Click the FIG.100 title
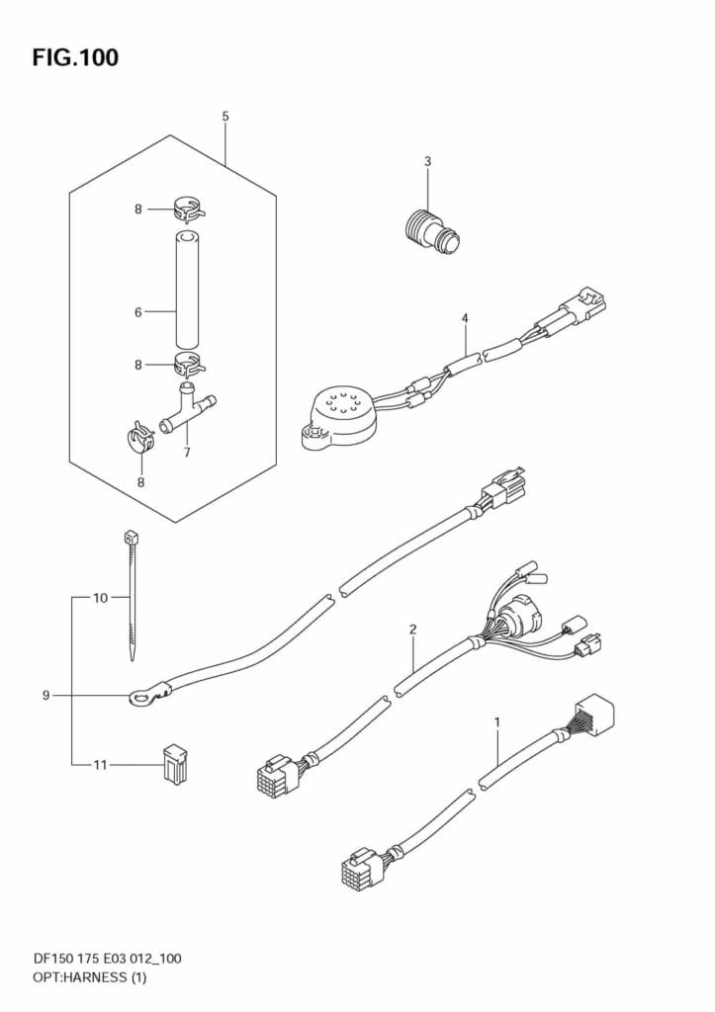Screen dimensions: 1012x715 (75, 58)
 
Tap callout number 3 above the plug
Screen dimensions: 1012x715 (427, 161)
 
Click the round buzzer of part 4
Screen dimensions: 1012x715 (336, 413)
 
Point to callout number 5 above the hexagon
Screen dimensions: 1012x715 (225, 117)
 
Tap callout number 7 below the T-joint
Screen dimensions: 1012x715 (187, 453)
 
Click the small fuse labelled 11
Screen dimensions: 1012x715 (172, 764)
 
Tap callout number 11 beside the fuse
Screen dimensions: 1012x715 (101, 764)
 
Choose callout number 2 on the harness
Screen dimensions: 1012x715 (412, 630)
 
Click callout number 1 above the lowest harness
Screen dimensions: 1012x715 (496, 722)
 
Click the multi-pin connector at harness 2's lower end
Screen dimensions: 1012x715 (278, 778)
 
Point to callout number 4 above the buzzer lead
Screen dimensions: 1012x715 (464, 317)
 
